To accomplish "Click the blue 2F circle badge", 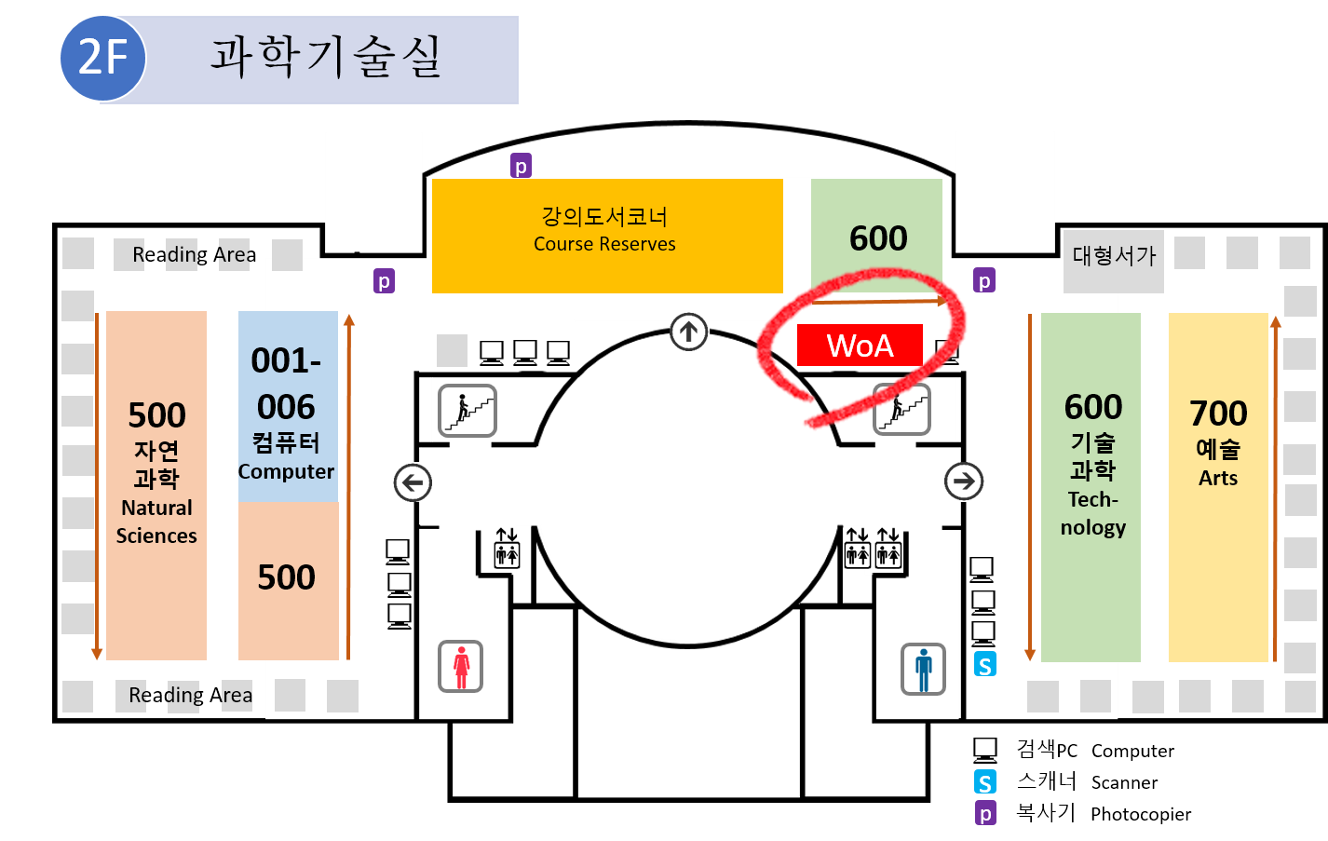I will pos(102,58).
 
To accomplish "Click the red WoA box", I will pos(860,346).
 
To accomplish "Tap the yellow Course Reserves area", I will pos(606,236).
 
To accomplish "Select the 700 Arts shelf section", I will pos(1218,487).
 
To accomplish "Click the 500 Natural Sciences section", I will pos(156,485).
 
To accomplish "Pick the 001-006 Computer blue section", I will pos(287,407).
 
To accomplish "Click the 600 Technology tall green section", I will pos(1091,487).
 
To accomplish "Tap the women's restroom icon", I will pos(461,666).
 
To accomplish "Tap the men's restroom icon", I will pos(923,669).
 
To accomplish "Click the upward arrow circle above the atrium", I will pos(688,331).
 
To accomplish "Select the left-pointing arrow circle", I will pos(413,482).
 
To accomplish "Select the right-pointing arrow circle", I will pos(964,482).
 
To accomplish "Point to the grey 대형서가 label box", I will pos(1114,257).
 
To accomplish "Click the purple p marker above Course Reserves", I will pos(521,166).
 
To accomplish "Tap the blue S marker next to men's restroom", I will pos(984,665).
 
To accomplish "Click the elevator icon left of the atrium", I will pos(506,549).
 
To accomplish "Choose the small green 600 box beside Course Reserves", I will pos(876,237).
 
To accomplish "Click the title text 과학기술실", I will pos(325,58).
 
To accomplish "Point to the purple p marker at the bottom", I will pos(985,813).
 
